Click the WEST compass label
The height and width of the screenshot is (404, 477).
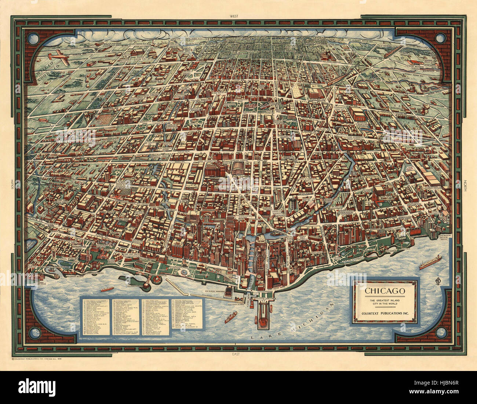coord(233,16)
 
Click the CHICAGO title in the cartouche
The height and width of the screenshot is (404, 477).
coord(385,291)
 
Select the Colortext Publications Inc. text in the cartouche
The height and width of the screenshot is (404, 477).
coord(385,313)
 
